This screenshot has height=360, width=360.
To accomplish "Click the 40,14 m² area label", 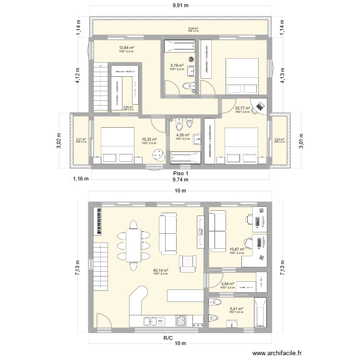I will [160, 271].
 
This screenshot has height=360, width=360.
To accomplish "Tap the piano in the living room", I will [97, 221].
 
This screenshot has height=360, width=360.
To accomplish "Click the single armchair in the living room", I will [188, 263].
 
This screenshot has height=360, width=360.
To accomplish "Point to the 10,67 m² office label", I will [237, 250].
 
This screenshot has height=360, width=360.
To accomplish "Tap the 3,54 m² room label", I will [228, 284].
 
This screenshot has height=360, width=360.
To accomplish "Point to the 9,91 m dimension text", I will [180, 6].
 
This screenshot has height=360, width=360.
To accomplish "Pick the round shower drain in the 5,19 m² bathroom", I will [191, 59].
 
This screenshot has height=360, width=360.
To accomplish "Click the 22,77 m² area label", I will [242, 108].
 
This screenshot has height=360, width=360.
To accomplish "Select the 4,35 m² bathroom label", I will [183, 136].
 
